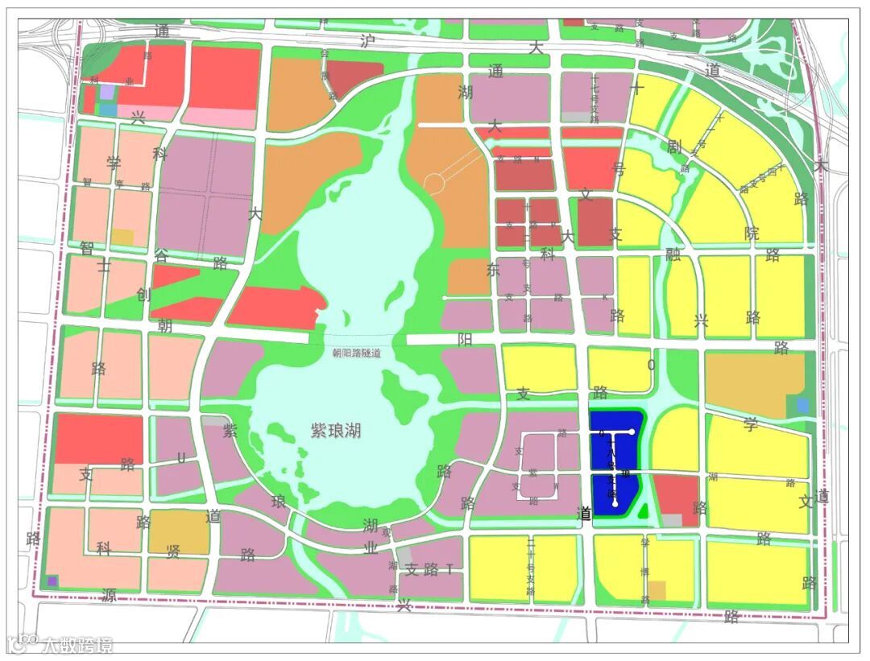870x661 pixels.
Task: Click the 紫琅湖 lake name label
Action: tap(336, 431)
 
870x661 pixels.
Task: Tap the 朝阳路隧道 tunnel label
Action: tap(356, 353)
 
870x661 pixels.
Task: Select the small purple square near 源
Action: tap(52, 580)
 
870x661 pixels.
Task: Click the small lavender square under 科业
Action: tap(107, 92)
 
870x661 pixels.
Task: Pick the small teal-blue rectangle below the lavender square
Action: tap(108, 109)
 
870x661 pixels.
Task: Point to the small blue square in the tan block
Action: tap(802, 405)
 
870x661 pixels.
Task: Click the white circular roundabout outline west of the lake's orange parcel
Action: tap(434, 184)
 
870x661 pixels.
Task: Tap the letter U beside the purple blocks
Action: tap(181, 458)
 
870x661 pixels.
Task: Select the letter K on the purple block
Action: tap(604, 298)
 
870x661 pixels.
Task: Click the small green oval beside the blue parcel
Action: tap(642, 510)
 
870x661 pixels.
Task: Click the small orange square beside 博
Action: tap(657, 590)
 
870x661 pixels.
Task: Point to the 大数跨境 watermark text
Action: tap(77, 644)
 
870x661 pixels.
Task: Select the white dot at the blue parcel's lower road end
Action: tap(615, 505)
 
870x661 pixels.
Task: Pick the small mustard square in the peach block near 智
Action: tap(122, 237)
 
